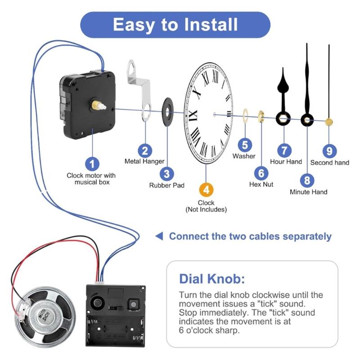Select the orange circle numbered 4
point(206,189)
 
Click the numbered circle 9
point(329,150)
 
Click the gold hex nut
point(261,117)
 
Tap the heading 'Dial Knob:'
point(212,279)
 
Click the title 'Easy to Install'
point(175,24)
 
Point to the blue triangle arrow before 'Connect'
point(158,236)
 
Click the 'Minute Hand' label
point(308,192)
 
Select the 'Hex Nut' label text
point(261,184)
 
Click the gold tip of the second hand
point(329,121)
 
